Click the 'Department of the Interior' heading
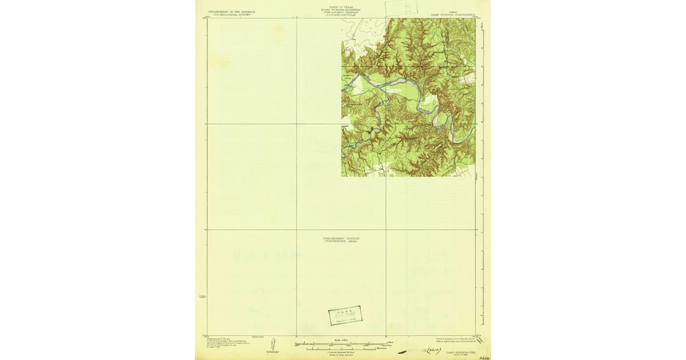click(x=224, y=11)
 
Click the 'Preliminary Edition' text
click(x=341, y=238)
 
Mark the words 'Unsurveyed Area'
click(x=341, y=241)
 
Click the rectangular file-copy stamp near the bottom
click(x=345, y=315)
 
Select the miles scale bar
click(x=332, y=344)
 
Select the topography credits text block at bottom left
click(x=224, y=343)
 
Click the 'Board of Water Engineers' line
click(x=341, y=10)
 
